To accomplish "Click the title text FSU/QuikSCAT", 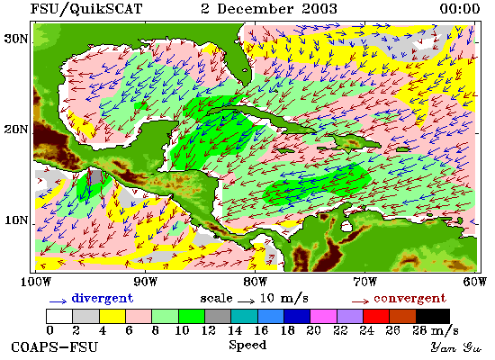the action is pos(86,8).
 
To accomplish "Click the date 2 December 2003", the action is pos(269,8).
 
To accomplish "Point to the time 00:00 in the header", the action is pos(460,8).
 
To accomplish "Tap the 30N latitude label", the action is pos(15,39).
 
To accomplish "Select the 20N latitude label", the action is pos(15,130).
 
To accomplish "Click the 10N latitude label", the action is pos(15,220).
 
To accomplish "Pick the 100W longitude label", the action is pos(36,282).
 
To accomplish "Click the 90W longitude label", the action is pos(145,282).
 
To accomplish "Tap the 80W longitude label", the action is pos(255,282).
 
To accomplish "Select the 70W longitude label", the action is pos(364,282).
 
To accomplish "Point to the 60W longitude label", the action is pos(475,282).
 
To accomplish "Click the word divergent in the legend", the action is pos(103,298).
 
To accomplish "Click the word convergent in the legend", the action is pos(410,299).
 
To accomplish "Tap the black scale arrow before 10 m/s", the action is pos(246,301).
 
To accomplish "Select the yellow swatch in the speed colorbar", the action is pos(112,316).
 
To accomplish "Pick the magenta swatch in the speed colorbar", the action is pos(323,316).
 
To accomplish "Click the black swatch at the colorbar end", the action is pos(433,316).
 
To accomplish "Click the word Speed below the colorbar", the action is pos(247,346).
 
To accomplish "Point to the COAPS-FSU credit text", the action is pos(54,346).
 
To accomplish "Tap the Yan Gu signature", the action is pos(456,347).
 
